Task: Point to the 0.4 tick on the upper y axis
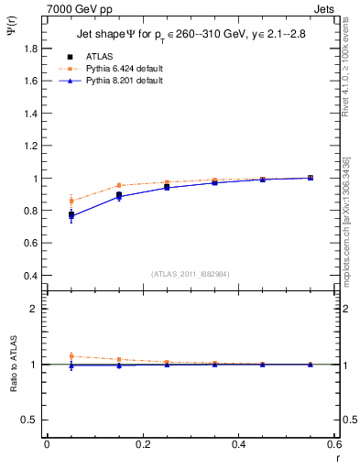click(x=33, y=276)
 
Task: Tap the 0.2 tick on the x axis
click(x=142, y=444)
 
